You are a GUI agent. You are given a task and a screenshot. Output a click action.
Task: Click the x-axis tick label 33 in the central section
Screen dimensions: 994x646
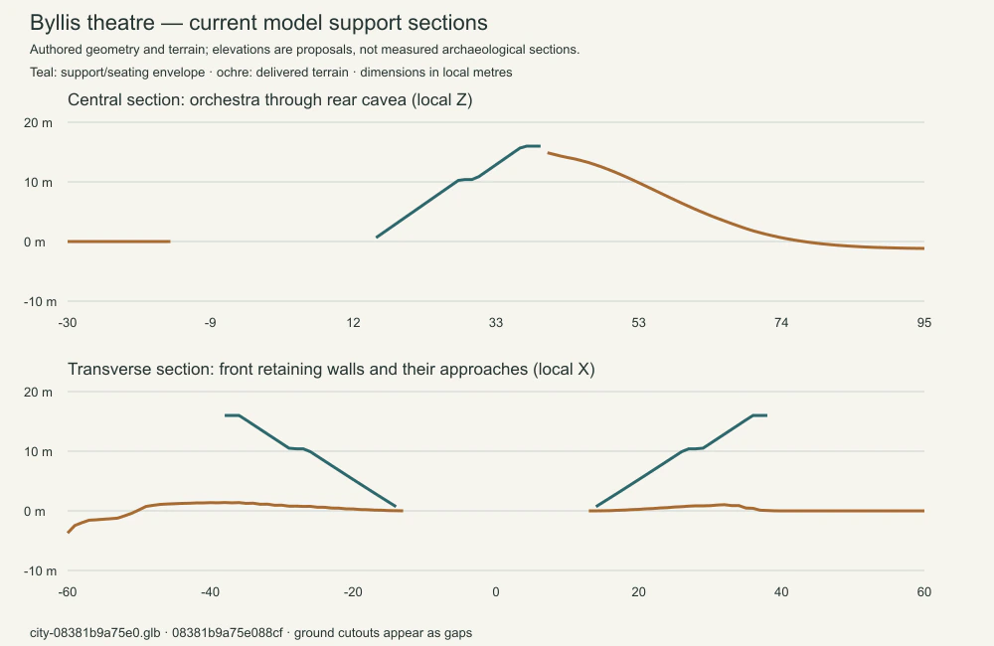click(x=496, y=323)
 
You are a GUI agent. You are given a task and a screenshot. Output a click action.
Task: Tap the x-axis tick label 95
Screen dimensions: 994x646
click(x=923, y=323)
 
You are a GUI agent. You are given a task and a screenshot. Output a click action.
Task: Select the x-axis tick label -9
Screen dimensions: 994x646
click(x=210, y=323)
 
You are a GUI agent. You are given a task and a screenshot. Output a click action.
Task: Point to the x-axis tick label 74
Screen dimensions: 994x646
click(x=781, y=323)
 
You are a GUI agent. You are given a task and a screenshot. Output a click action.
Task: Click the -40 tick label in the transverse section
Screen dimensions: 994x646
click(x=210, y=592)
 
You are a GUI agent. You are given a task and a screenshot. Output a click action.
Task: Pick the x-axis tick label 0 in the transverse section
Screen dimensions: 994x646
click(x=496, y=592)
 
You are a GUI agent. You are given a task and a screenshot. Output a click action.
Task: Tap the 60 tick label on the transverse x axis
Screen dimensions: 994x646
click(x=923, y=592)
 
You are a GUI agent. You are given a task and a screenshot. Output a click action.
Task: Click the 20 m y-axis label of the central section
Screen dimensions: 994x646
click(x=38, y=123)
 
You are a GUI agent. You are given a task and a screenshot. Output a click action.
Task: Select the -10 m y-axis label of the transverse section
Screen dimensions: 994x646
click(x=40, y=571)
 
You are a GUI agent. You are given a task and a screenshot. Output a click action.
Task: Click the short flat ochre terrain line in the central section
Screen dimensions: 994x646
click(x=118, y=242)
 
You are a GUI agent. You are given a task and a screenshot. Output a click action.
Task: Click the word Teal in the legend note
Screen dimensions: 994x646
click(x=42, y=73)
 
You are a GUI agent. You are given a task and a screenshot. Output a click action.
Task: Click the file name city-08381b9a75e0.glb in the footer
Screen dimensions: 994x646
click(x=95, y=633)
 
